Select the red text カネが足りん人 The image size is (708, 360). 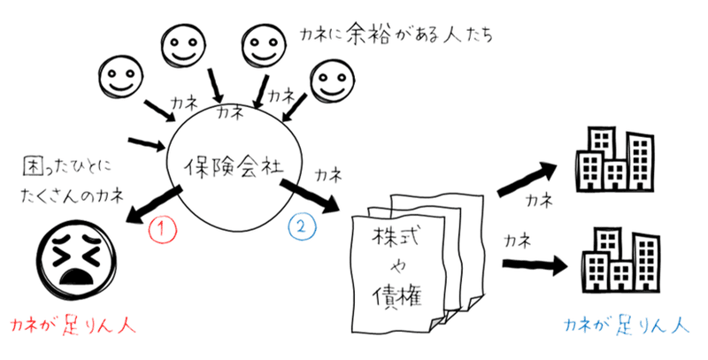69,326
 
